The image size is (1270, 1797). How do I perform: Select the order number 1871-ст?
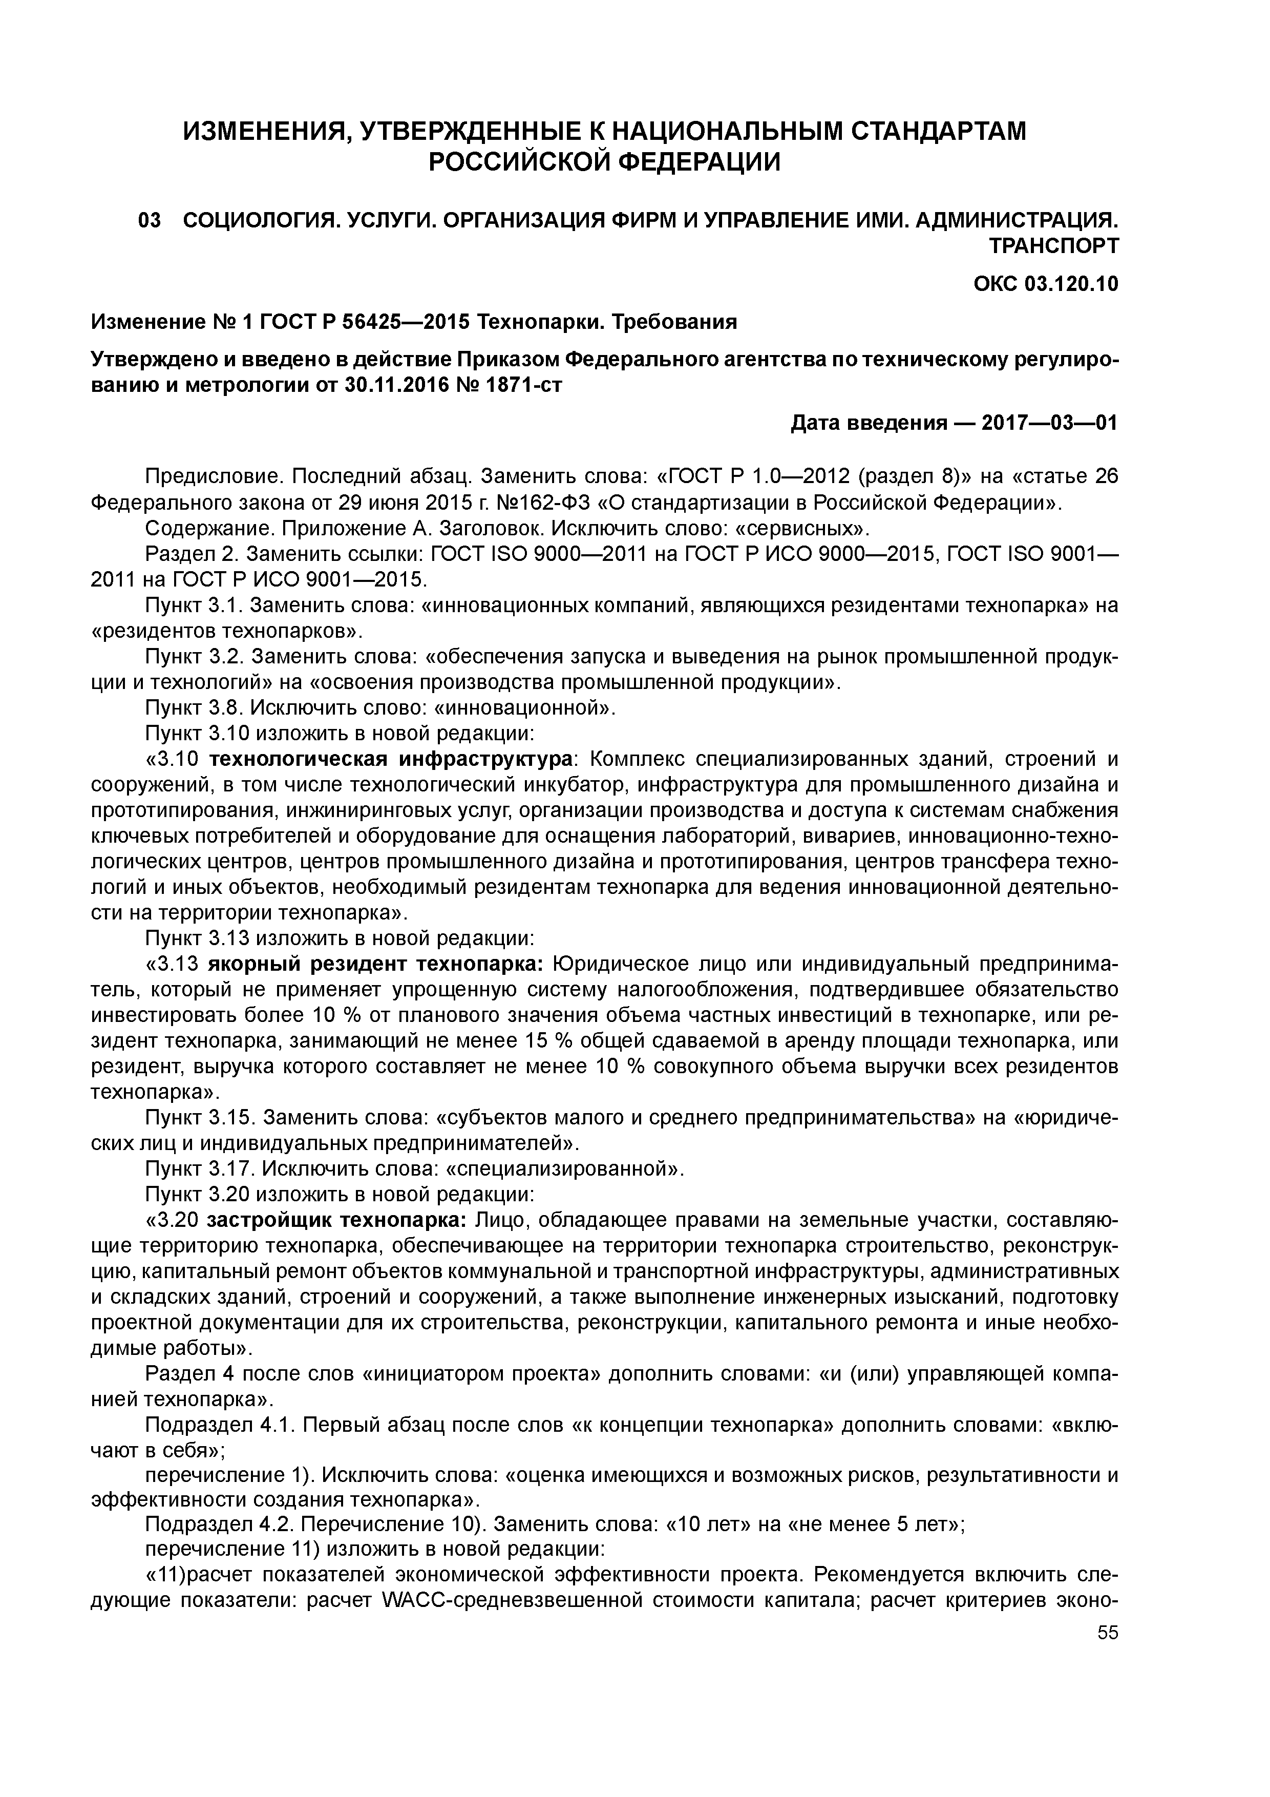(x=519, y=385)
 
